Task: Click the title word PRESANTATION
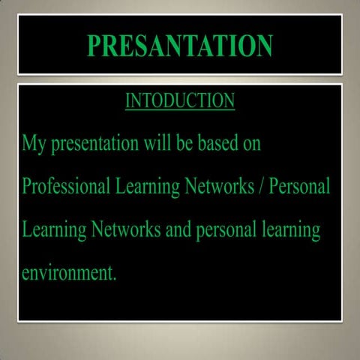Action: [x=180, y=45]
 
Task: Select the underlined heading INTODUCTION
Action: [x=180, y=100]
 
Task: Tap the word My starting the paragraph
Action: [x=34, y=143]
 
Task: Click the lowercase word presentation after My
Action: [x=93, y=143]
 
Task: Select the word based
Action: [x=216, y=142]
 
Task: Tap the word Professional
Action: [x=65, y=186]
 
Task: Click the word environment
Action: [x=66, y=273]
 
